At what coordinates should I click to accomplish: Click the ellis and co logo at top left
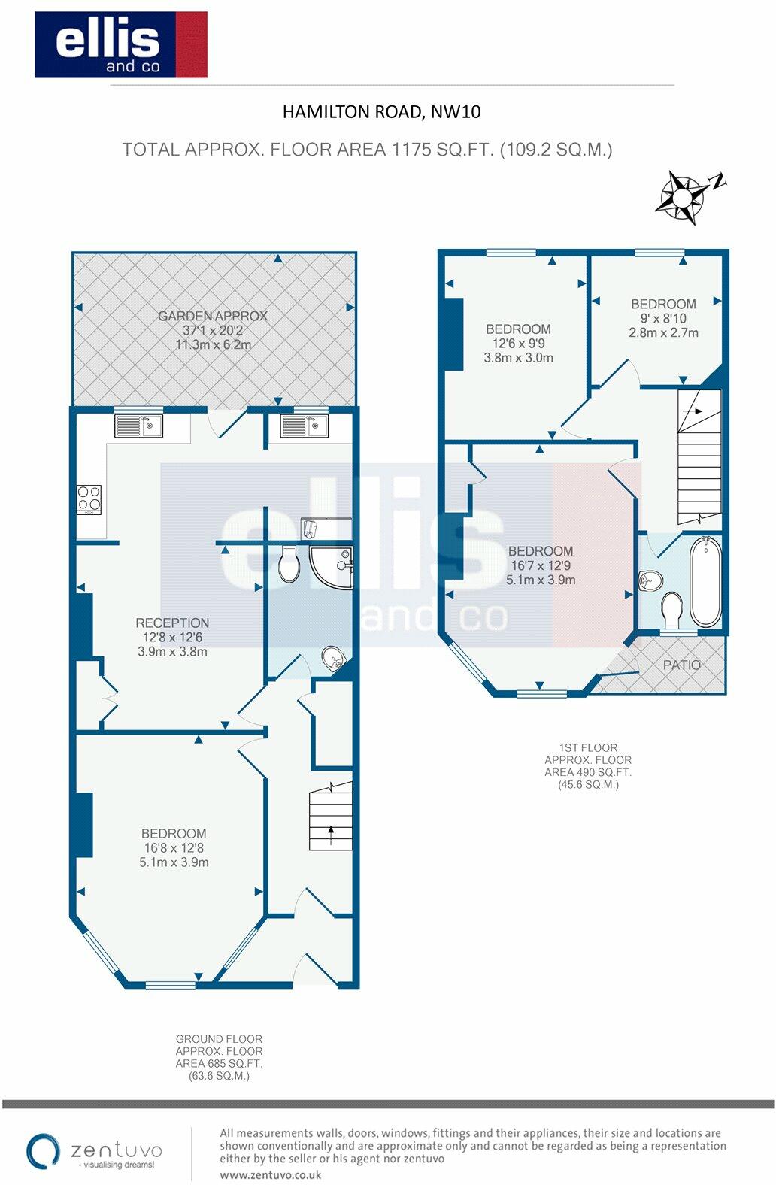tap(120, 44)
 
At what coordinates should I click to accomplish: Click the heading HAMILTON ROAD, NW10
tap(381, 111)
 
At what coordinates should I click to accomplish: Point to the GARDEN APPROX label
tap(213, 316)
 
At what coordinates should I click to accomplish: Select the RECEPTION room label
tap(172, 623)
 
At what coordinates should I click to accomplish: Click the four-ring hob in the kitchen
tap(89, 499)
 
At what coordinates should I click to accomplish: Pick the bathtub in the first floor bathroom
tap(705, 581)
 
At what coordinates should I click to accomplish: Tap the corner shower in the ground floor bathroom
tap(331, 568)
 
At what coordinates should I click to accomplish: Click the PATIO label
tap(681, 665)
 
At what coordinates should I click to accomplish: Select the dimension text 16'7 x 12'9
tap(541, 565)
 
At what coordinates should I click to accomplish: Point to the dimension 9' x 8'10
tap(663, 319)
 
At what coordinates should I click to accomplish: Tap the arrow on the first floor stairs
tap(693, 411)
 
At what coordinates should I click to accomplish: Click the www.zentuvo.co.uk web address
tap(270, 1175)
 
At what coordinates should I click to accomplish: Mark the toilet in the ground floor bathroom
tap(289, 564)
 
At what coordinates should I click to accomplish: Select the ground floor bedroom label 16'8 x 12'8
tap(174, 848)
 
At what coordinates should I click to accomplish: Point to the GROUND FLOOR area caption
tap(219, 1040)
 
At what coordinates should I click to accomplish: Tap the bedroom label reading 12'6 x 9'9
tap(518, 344)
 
